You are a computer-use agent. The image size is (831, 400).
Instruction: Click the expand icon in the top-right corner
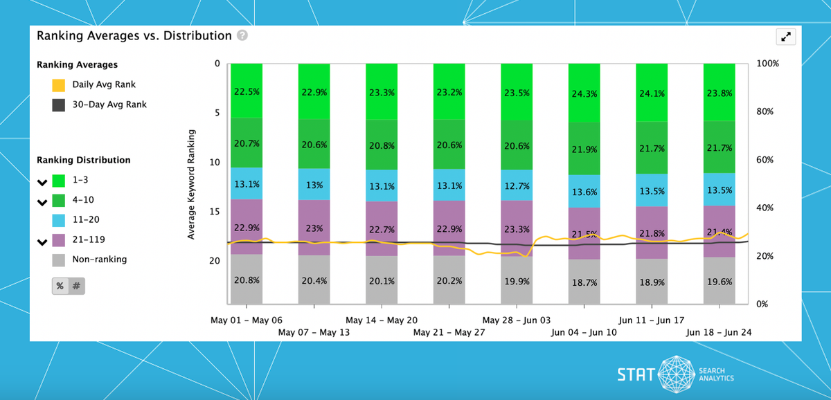[786, 37]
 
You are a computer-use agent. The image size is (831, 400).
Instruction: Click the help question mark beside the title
[242, 36]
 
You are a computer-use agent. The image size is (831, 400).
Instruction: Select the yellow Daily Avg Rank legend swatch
[59, 85]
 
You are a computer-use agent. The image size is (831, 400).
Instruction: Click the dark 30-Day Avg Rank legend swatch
[59, 105]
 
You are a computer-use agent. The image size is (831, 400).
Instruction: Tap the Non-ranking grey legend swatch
[59, 260]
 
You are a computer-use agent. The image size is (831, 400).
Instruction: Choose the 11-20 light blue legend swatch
[59, 220]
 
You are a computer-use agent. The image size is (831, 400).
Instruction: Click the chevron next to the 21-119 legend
[42, 241]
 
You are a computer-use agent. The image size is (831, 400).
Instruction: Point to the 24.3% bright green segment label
[584, 93]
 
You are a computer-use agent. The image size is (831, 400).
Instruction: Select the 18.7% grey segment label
[584, 283]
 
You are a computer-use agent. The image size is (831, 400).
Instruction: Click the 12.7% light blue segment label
[517, 185]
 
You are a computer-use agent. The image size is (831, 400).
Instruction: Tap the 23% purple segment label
[314, 228]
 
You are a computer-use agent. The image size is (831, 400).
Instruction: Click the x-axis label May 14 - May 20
[382, 321]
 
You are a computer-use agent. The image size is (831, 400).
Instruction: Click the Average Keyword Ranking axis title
[191, 184]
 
